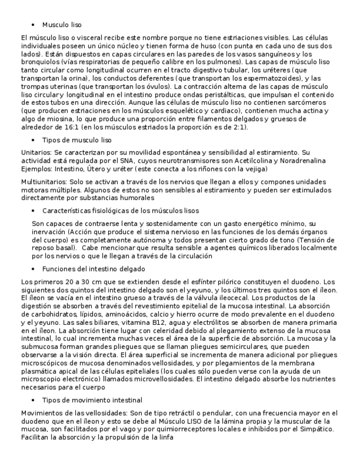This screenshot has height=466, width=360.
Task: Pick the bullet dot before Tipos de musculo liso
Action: tap(34, 140)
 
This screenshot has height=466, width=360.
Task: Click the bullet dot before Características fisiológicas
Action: tap(34, 211)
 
